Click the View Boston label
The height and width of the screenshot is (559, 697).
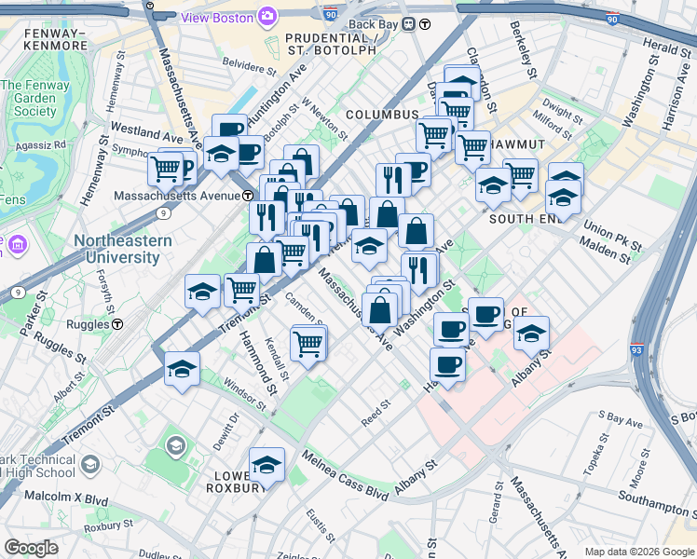pos(217,17)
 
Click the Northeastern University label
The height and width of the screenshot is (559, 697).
pos(116,248)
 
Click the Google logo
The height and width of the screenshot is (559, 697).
pos(32,548)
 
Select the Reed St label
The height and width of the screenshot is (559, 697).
pos(376,410)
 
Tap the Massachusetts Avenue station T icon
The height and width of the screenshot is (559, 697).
pos(249,196)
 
